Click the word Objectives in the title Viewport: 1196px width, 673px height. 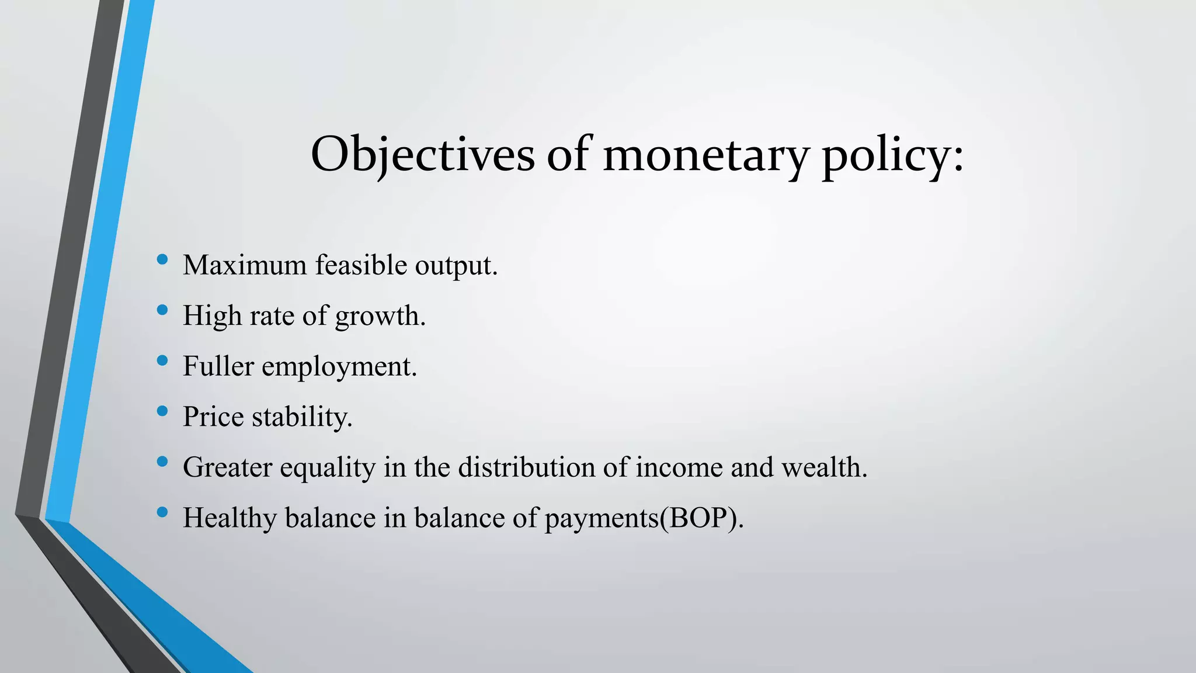pyautogui.click(x=422, y=154)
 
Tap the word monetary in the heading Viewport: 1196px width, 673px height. pyautogui.click(x=705, y=155)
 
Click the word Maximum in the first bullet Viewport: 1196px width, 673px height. pyautogui.click(x=245, y=265)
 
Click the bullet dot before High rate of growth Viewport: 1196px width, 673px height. pyautogui.click(x=162, y=310)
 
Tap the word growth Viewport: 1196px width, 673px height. pyautogui.click(x=380, y=317)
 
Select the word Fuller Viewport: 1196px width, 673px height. pyautogui.click(x=218, y=366)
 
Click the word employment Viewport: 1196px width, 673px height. pyautogui.click(x=339, y=367)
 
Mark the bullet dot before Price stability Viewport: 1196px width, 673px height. pyautogui.click(x=162, y=411)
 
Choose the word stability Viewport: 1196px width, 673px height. pyautogui.click(x=302, y=418)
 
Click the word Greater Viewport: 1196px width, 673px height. pyautogui.click(x=227, y=467)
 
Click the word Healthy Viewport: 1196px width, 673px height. pyautogui.click(x=230, y=518)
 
